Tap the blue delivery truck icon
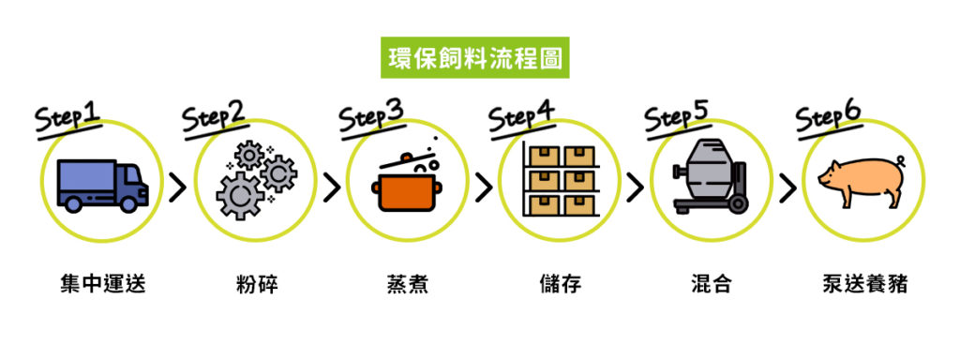click(x=101, y=185)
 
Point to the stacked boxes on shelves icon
click(x=560, y=179)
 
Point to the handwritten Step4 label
click(x=521, y=118)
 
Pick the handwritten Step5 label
click(x=676, y=116)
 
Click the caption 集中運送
click(x=101, y=283)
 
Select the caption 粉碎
click(x=255, y=283)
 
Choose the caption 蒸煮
click(x=407, y=283)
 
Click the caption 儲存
click(x=560, y=283)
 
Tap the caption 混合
click(x=710, y=283)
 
